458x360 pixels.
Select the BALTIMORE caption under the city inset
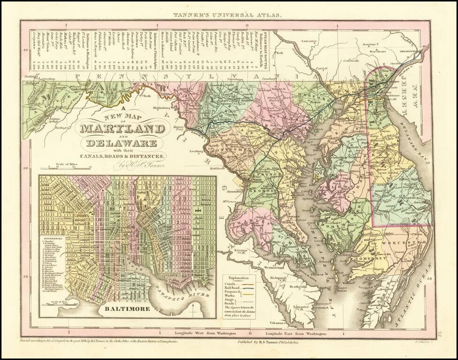(x=128, y=309)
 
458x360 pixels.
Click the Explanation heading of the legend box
(x=240, y=277)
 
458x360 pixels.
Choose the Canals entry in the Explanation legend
(x=229, y=284)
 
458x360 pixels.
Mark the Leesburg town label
(x=196, y=151)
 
